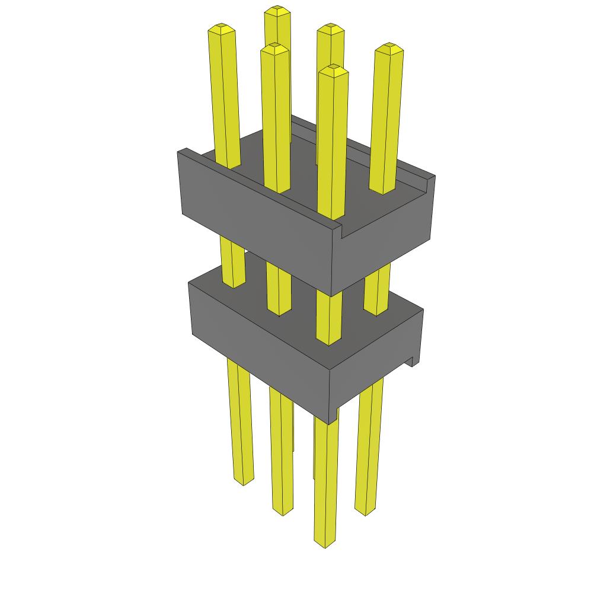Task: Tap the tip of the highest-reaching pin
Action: tap(276, 9)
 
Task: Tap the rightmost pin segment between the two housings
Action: tap(376, 290)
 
